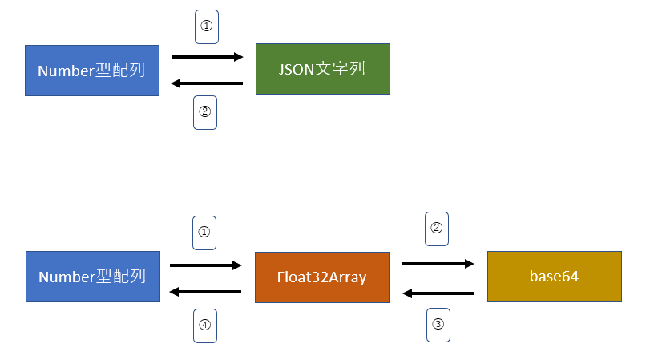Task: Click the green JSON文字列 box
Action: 322,69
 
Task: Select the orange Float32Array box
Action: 321,277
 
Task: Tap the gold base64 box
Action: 554,277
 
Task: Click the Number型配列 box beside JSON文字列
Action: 91,71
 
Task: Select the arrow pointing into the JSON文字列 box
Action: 207,57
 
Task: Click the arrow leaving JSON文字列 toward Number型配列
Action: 207,83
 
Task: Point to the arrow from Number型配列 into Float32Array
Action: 205,265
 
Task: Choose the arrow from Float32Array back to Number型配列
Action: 205,291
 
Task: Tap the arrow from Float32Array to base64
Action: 438,263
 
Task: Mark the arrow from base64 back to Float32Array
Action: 438,293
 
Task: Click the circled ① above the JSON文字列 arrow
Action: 206,26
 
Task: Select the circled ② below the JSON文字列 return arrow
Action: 205,112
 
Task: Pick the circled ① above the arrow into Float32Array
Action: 204,233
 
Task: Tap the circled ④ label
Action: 205,325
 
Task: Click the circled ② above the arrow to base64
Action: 437,228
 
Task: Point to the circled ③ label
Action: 438,325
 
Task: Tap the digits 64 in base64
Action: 570,277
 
